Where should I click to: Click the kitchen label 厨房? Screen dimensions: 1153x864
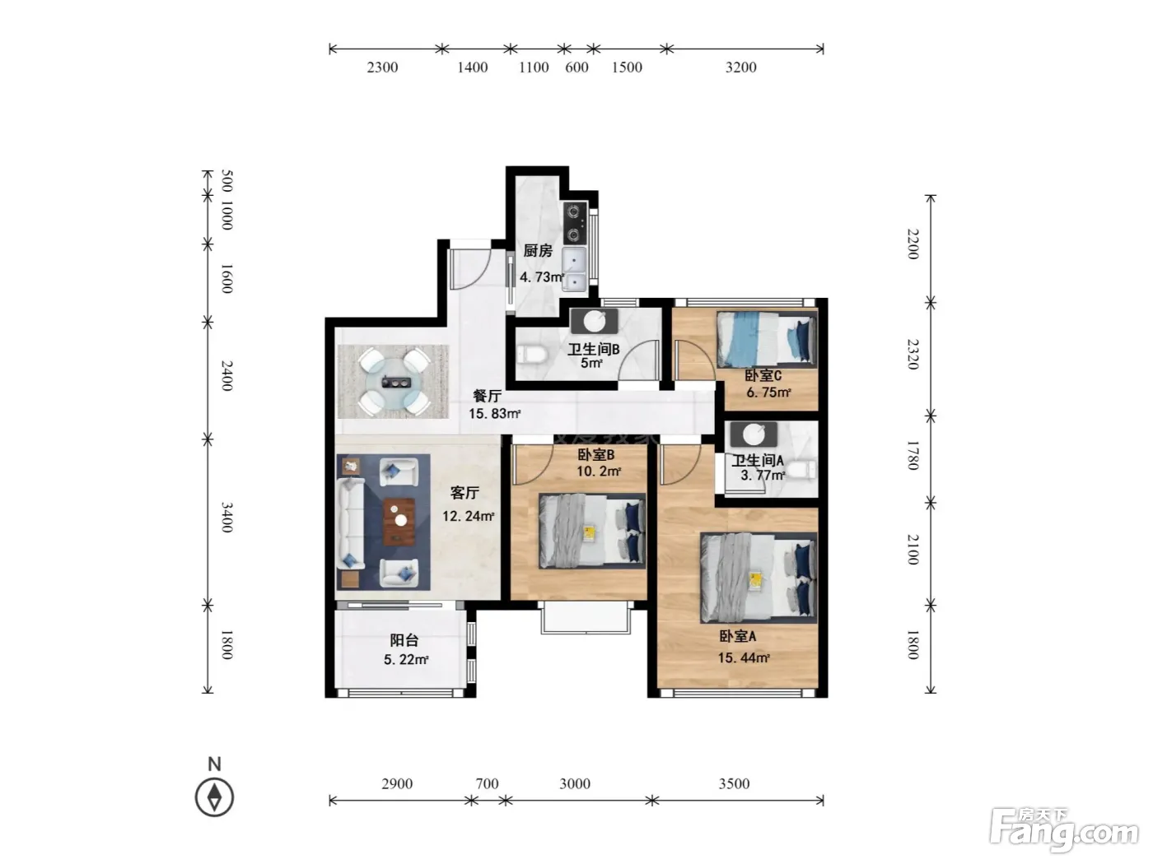[537, 251]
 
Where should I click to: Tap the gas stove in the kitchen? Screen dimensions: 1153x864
[575, 224]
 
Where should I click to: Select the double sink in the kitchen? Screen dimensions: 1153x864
[574, 270]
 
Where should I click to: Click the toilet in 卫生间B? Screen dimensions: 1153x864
[532, 355]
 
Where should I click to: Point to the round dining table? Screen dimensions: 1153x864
[394, 382]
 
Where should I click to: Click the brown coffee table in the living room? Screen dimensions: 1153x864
[399, 522]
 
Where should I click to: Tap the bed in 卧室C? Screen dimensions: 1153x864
[767, 339]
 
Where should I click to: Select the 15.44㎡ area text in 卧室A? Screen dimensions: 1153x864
[744, 657]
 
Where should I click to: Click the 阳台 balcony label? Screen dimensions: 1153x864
[404, 640]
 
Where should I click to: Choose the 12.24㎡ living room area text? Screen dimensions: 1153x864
[468, 516]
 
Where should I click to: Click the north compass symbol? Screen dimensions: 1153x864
[214, 797]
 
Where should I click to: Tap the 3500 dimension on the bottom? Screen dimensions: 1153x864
[734, 783]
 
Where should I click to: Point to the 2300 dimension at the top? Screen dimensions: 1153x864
[382, 67]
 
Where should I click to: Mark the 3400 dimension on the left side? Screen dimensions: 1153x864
[226, 518]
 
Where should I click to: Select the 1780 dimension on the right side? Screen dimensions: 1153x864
[913, 455]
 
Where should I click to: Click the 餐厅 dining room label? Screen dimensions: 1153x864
[487, 396]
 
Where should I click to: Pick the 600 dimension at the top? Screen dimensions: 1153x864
[576, 67]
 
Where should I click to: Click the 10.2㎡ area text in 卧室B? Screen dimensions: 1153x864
[599, 471]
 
